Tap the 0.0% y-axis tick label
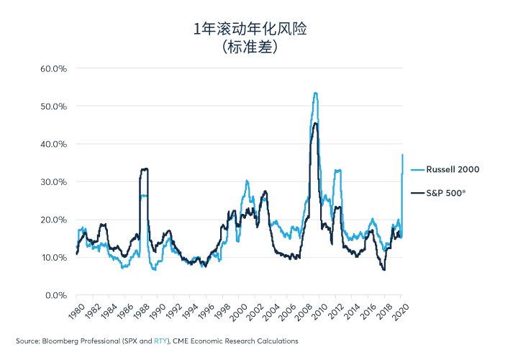point(54,295)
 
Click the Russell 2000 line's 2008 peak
point(315,93)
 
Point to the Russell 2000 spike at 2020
point(402,155)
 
